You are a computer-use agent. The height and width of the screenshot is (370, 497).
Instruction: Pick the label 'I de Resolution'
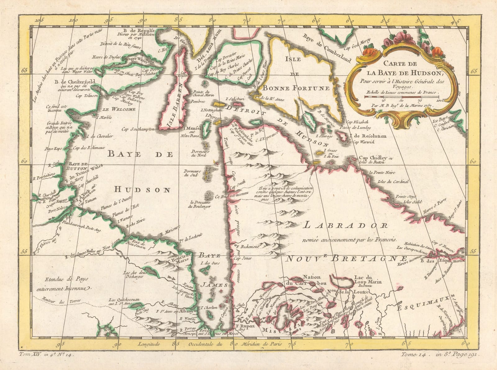pos(368,136)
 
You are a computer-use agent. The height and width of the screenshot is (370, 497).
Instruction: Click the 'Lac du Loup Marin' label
pos(367,280)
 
